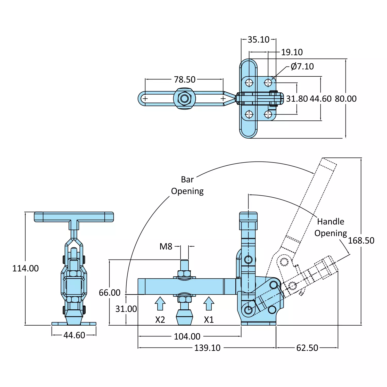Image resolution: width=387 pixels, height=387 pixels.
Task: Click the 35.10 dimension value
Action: [258, 40]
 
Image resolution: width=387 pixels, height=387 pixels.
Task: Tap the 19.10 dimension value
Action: [292, 52]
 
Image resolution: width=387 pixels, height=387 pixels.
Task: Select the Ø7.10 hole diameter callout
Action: [302, 67]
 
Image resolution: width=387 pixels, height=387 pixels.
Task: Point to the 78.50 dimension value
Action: [185, 80]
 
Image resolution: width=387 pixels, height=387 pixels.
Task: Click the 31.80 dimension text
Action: [297, 99]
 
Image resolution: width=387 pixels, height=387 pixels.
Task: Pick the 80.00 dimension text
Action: [345, 99]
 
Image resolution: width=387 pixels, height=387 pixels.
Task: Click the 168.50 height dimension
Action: [361, 241]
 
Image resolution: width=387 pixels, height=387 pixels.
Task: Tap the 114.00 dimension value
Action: [26, 269]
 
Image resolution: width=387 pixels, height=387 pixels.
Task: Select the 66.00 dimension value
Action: [110, 293]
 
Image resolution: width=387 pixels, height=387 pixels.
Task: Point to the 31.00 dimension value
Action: [126, 309]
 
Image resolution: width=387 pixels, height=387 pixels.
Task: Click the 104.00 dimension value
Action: [187, 337]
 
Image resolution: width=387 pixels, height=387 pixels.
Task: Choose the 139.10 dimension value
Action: [207, 348]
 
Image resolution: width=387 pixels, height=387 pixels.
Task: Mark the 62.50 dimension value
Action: [307, 348]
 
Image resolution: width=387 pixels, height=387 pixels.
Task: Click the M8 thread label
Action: [166, 247]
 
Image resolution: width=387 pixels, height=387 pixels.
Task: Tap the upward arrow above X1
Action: [209, 303]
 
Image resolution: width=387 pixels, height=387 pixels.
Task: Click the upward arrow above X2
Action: [160, 303]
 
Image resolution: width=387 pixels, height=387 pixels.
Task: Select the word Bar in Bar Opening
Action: [187, 180]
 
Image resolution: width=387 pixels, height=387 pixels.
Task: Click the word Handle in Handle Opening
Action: [331, 222]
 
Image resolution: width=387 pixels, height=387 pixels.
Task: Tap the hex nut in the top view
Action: [185, 99]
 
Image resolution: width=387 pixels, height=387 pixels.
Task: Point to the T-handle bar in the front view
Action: [74, 217]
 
